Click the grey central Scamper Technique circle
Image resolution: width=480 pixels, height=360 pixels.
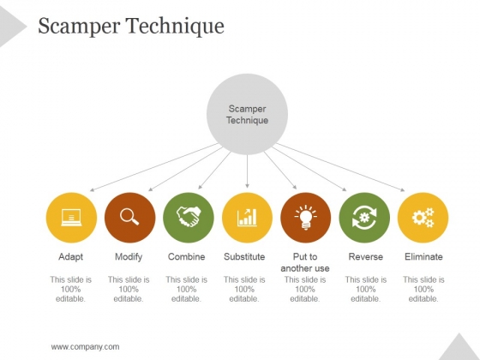coord(247,114)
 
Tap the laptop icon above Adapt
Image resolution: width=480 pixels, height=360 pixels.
coord(71,218)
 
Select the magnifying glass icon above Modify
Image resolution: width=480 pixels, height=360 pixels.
coord(129,216)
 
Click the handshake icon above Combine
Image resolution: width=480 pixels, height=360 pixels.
coord(189,216)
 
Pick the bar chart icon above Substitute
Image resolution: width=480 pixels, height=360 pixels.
coord(247,218)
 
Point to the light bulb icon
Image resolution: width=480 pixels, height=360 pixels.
coord(305,218)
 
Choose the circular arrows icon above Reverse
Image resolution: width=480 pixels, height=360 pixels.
coord(364,218)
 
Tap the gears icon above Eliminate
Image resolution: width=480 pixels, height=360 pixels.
coord(423,218)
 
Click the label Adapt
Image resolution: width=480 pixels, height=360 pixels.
coord(70,257)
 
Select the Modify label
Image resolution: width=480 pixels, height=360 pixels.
coord(129,257)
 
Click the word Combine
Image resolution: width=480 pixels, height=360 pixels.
coord(187,256)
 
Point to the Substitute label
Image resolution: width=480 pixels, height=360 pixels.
coord(244,256)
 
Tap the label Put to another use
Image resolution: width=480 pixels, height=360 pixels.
coord(305,262)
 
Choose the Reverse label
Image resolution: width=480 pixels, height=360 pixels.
coord(365,256)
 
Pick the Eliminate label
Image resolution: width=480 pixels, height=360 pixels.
coord(423,256)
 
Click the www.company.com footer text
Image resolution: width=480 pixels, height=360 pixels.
coord(85,347)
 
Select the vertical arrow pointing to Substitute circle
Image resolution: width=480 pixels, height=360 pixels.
coord(247,171)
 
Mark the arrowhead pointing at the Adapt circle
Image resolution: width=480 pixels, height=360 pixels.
coord(92,189)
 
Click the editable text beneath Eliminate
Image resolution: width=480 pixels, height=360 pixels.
coord(423,290)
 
